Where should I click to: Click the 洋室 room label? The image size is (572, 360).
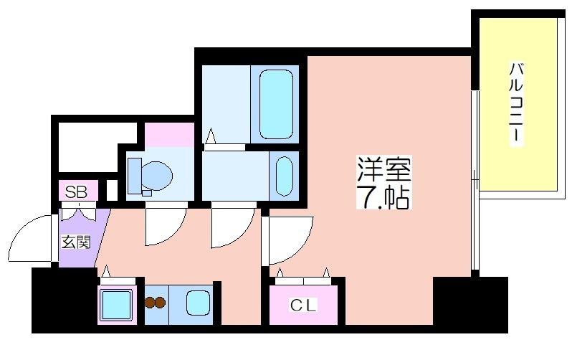click(x=384, y=169)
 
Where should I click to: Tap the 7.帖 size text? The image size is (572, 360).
click(x=383, y=196)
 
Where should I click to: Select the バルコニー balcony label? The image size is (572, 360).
click(x=516, y=103)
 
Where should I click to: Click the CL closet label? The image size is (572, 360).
click(x=303, y=305)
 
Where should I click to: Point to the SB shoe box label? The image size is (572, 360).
click(x=76, y=191)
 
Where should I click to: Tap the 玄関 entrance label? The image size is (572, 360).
click(x=75, y=242)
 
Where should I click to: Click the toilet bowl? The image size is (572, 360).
click(x=157, y=176)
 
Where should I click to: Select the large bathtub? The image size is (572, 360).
click(x=276, y=105)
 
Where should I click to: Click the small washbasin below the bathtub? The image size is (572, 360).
click(x=284, y=176)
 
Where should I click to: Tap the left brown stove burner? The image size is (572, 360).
click(x=150, y=303)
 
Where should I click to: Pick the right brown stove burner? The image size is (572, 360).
click(x=160, y=303)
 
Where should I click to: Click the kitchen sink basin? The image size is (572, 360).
click(x=198, y=303)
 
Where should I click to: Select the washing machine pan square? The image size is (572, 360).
click(x=117, y=305)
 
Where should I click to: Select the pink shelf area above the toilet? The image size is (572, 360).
click(x=169, y=135)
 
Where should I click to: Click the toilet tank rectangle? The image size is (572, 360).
click(x=135, y=176)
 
